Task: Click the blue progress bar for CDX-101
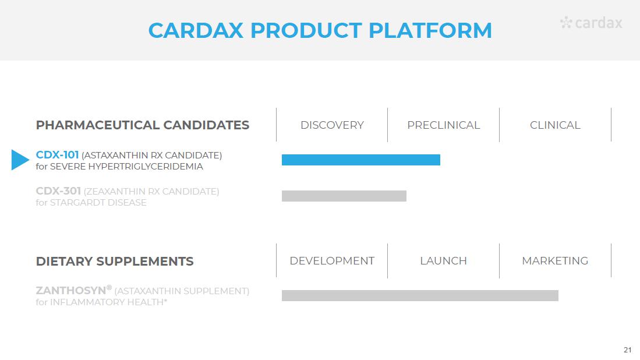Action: coord(361,160)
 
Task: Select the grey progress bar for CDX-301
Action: coord(344,196)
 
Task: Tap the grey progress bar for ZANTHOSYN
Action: coord(420,295)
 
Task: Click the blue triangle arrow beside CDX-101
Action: coord(20,160)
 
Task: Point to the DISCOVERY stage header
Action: coord(332,125)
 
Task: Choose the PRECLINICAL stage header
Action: coord(443,125)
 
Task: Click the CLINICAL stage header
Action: coord(555,125)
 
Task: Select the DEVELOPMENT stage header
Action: coord(332,261)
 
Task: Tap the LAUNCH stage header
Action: coord(443,261)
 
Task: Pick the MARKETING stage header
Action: coord(555,261)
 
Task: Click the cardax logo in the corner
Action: coord(591,23)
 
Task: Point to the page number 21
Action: coord(627,350)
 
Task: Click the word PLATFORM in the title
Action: coord(430,30)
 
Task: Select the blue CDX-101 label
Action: coord(57,155)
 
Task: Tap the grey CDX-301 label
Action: coord(58,191)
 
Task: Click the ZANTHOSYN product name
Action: coord(70,291)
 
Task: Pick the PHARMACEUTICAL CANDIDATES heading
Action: coord(143,125)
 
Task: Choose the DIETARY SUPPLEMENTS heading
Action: coord(115,261)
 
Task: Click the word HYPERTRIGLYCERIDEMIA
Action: coord(146,167)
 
